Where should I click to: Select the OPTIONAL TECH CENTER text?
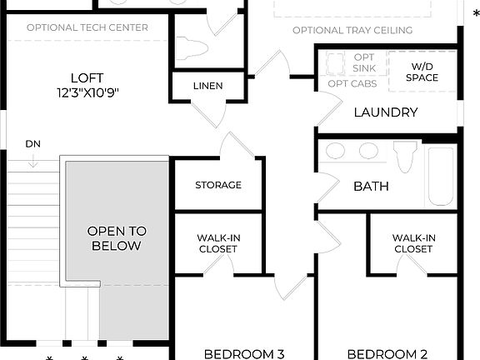click(87, 27)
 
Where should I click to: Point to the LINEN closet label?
click(207, 86)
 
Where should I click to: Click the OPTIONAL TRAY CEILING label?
click(352, 31)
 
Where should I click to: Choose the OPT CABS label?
click(352, 83)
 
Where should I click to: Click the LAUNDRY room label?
click(386, 112)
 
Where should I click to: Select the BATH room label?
click(371, 186)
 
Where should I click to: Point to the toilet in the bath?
click(405, 156)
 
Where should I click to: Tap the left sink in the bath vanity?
click(336, 152)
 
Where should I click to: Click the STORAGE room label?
click(218, 185)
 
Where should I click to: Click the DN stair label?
click(33, 143)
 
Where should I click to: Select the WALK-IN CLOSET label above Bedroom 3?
click(218, 243)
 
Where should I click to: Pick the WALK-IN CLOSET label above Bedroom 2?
click(413, 243)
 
